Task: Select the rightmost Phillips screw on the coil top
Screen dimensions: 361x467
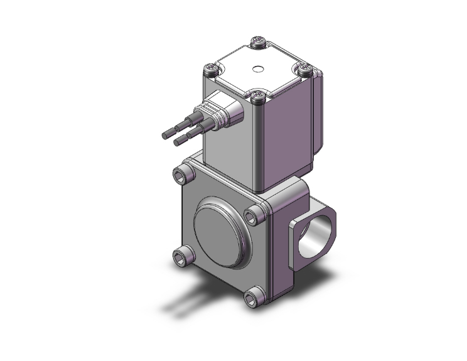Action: click(305, 68)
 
